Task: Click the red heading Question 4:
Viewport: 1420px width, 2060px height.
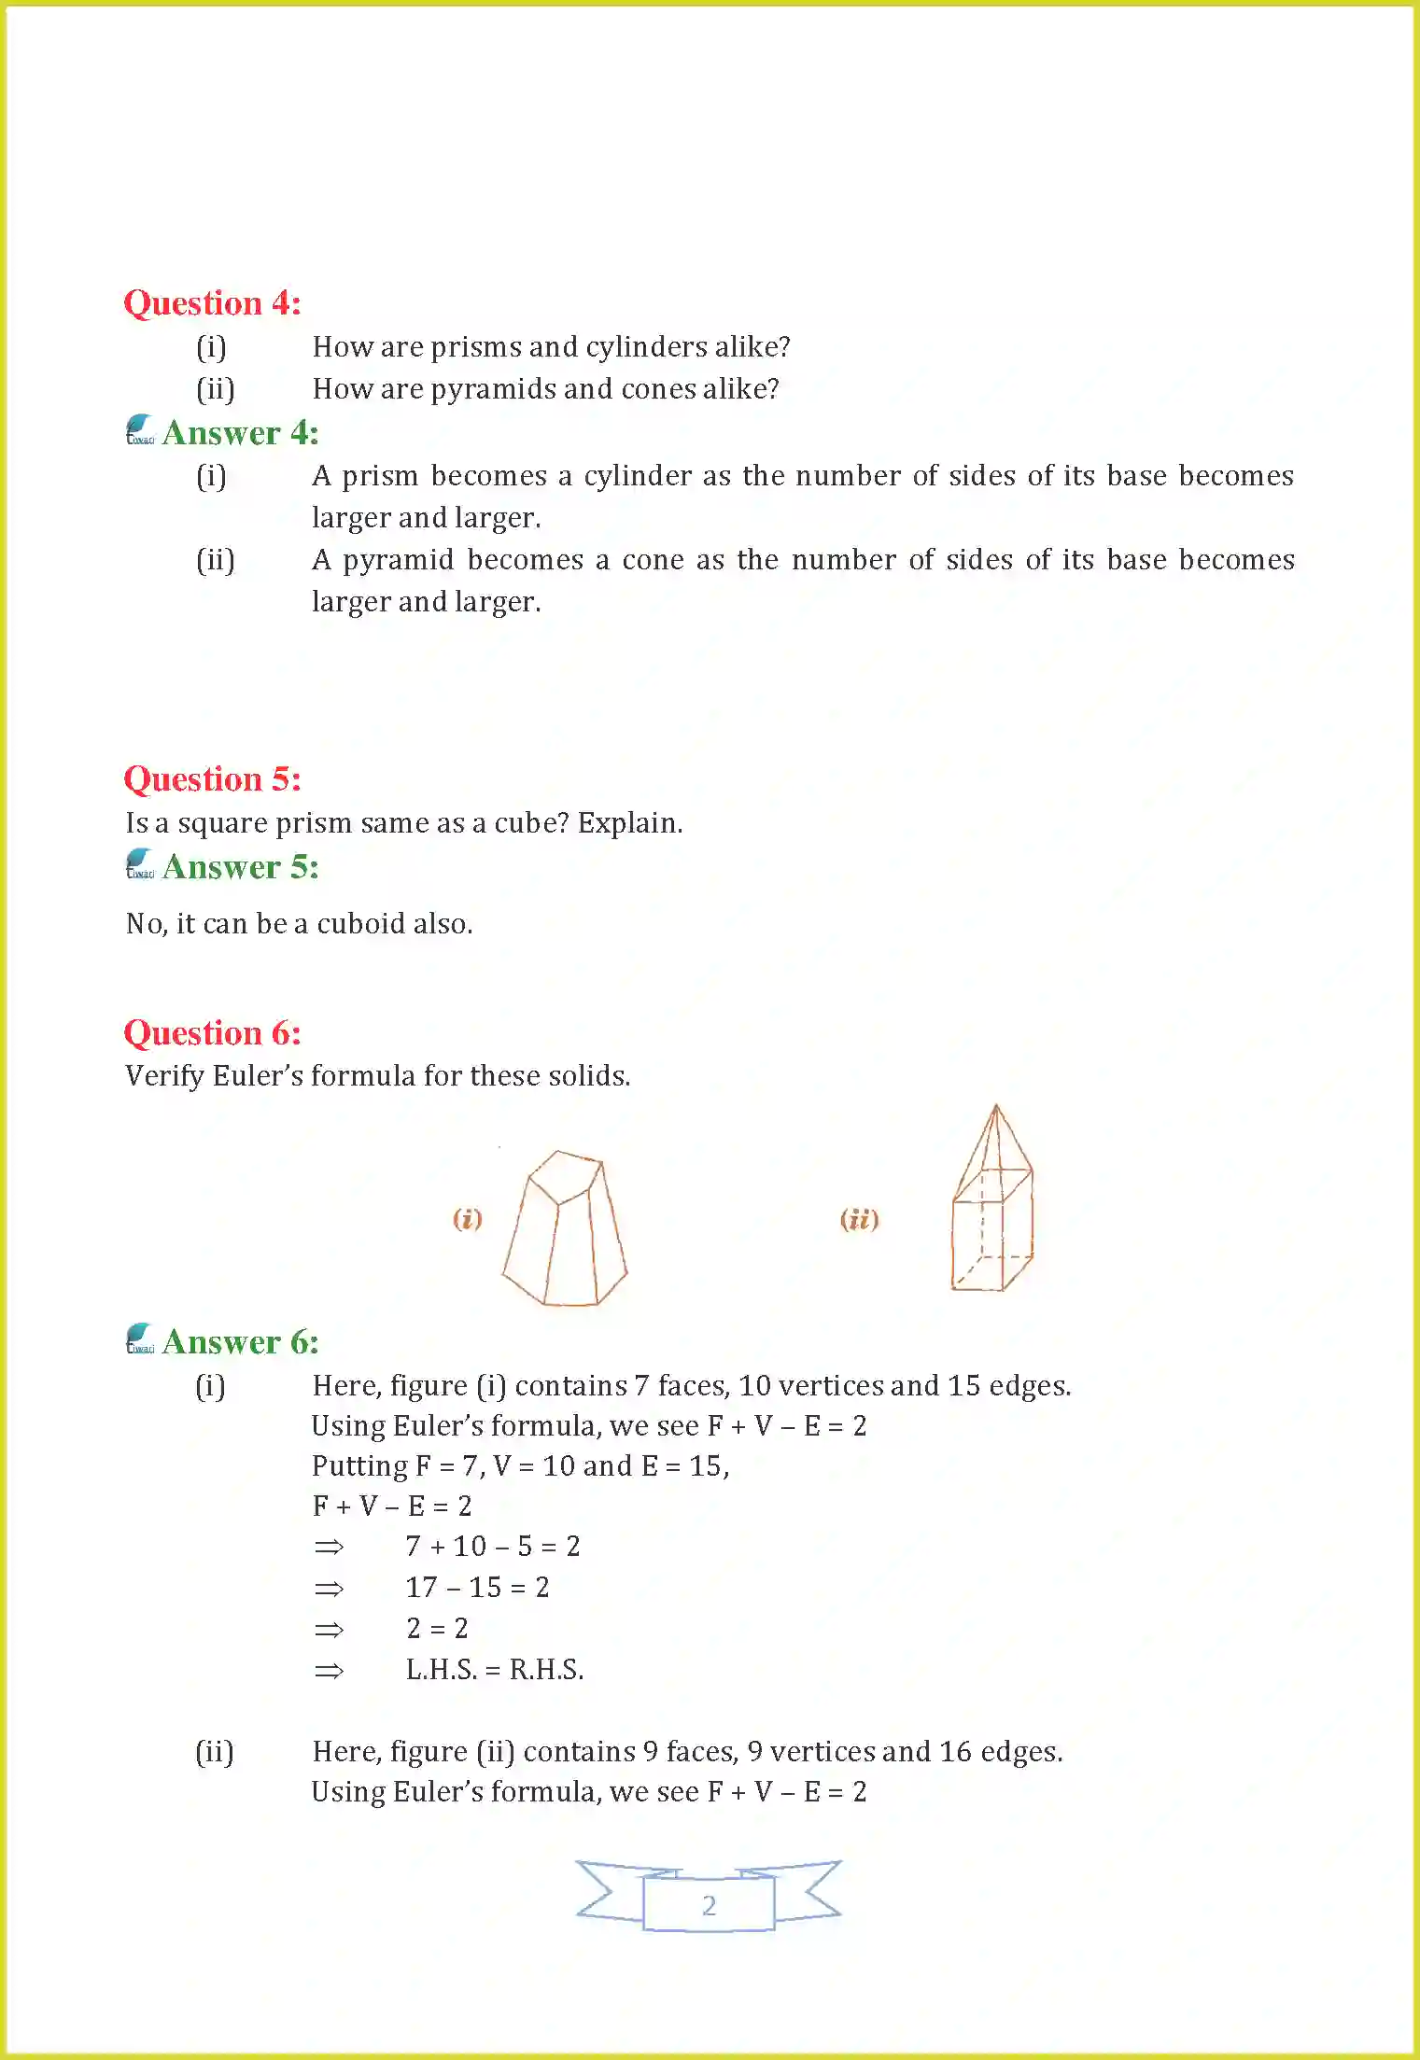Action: coord(212,303)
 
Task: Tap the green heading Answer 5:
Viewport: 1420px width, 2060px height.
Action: coord(240,867)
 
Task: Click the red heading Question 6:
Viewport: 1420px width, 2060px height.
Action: coord(212,1033)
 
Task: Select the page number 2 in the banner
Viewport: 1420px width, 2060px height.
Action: coord(709,1905)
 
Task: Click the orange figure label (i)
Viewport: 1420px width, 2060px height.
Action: coord(467,1219)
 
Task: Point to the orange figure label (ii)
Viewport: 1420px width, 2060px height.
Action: coord(859,1219)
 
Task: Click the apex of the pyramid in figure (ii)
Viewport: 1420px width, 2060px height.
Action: coord(996,1107)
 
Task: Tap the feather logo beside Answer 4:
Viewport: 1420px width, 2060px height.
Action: coord(140,430)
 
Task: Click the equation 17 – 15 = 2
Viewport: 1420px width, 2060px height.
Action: coord(477,1588)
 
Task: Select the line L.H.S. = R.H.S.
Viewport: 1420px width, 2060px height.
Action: coord(494,1670)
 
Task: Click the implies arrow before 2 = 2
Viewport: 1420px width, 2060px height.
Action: coord(329,1630)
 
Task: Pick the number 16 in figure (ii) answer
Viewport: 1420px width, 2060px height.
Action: coord(955,1752)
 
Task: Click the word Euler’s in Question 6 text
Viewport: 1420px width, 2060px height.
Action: coord(258,1076)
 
